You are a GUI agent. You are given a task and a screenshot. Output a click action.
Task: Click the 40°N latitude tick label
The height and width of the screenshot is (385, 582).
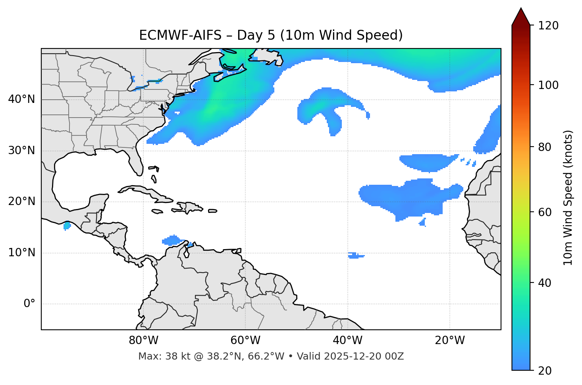(x=21, y=99)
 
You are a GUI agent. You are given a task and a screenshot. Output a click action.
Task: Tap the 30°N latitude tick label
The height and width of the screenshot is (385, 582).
(x=21, y=151)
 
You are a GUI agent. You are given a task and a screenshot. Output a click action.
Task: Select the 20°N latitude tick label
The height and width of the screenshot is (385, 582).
(x=21, y=202)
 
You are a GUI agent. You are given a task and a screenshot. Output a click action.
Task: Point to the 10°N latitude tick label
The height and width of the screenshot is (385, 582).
(x=21, y=253)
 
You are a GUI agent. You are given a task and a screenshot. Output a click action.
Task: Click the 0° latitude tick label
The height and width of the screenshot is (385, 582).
(x=29, y=304)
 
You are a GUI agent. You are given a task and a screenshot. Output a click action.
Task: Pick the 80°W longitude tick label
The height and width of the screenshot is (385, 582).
(x=143, y=341)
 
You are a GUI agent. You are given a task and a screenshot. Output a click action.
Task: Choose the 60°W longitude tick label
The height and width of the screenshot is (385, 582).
(x=245, y=341)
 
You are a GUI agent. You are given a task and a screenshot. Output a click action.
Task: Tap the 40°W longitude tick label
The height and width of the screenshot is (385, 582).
(x=347, y=341)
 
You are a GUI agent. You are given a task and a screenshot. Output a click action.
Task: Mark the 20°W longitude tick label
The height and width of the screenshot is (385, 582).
(x=450, y=341)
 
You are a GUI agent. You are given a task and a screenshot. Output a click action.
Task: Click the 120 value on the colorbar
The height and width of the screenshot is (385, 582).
(x=548, y=26)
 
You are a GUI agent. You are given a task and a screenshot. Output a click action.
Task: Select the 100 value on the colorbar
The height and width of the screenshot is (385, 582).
(x=548, y=85)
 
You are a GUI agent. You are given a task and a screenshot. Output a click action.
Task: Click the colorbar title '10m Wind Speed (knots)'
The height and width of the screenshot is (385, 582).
(x=568, y=197)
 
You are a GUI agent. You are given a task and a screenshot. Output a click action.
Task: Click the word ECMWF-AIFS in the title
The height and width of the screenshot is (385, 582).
(x=180, y=35)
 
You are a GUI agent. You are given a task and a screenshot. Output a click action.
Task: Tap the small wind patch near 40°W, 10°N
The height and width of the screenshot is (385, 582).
(x=355, y=255)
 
